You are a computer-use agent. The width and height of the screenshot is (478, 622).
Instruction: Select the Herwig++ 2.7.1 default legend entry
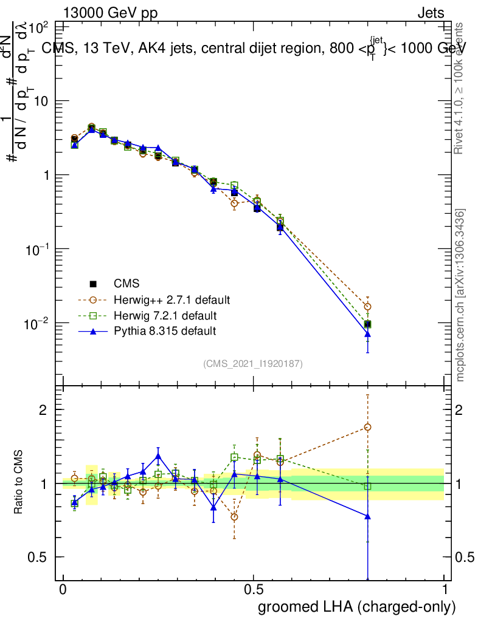click(x=171, y=300)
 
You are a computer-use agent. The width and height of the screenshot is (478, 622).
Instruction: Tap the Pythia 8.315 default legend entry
click(x=165, y=331)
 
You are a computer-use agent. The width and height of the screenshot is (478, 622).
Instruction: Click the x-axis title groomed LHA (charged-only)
click(x=357, y=607)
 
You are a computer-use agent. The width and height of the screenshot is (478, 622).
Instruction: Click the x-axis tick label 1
click(x=445, y=590)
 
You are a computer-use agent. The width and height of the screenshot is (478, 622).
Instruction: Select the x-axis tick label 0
click(x=63, y=590)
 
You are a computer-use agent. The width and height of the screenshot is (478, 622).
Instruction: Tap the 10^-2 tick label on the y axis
click(x=36, y=323)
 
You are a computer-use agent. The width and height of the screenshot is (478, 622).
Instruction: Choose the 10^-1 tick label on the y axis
click(x=36, y=249)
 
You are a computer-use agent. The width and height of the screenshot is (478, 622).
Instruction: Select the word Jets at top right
click(x=430, y=13)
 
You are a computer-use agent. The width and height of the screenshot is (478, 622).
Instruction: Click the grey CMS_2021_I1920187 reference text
click(x=253, y=364)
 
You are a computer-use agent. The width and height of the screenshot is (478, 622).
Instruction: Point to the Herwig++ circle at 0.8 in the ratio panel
click(x=367, y=427)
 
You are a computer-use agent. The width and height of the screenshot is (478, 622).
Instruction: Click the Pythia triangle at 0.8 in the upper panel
click(x=367, y=334)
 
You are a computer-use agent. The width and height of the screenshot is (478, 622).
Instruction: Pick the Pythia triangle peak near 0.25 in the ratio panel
click(x=158, y=456)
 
